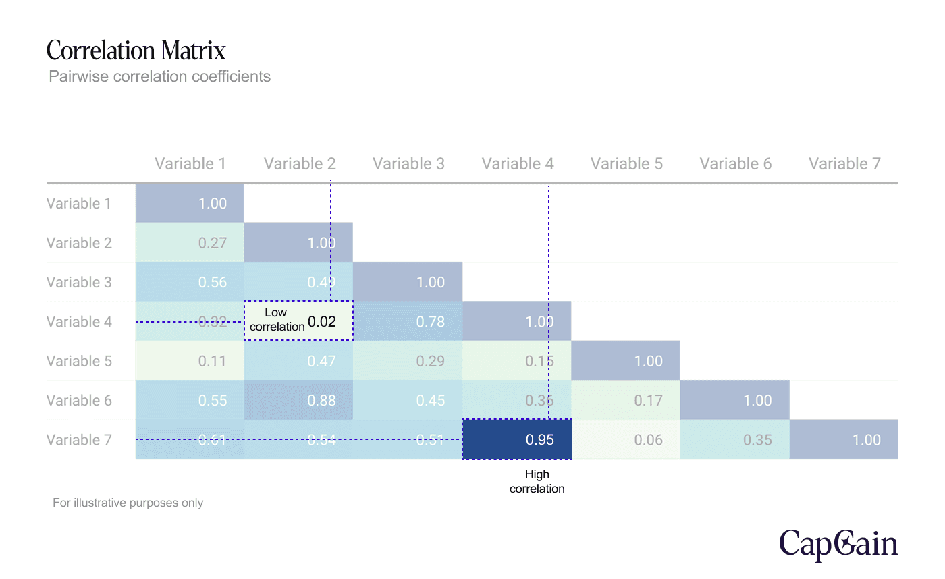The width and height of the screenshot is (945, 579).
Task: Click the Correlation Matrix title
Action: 136,51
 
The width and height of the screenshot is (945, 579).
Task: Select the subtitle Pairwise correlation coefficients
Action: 159,76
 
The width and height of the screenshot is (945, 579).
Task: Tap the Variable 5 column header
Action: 626,163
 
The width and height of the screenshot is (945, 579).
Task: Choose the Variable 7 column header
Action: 844,163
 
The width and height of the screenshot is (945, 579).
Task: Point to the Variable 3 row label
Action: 79,282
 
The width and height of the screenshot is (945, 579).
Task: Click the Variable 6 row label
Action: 79,400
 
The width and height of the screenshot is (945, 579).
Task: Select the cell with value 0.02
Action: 322,322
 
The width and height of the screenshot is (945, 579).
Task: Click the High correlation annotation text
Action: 537,482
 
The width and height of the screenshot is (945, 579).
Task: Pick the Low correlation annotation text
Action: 277,320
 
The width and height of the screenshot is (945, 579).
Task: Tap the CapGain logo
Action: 838,544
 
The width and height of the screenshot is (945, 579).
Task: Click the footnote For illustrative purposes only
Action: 128,503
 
